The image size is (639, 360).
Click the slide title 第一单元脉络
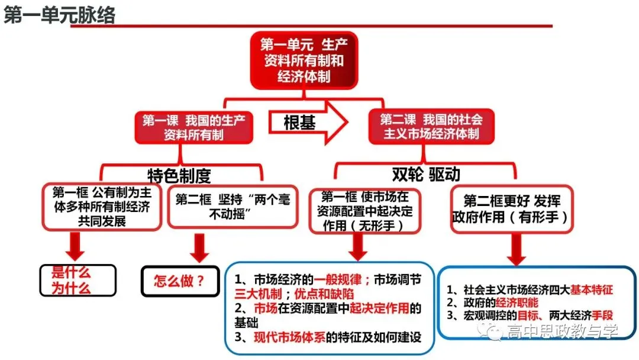60,15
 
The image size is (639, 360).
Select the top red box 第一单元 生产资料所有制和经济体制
304,60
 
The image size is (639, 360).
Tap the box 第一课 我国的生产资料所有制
193,127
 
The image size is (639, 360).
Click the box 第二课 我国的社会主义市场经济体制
431,126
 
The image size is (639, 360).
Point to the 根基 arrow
308,123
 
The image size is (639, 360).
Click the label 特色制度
179,176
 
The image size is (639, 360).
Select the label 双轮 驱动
426,175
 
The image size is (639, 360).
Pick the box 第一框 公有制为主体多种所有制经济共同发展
102,207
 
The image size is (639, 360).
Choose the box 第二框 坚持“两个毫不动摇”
233,207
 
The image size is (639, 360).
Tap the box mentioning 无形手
364,211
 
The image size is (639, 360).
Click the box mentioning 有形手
512,209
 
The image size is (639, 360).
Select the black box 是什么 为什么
78,281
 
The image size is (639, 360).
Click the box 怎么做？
180,281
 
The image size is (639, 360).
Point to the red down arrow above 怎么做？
199,248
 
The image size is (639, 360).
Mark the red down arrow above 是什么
75,246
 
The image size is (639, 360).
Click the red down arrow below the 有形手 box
517,249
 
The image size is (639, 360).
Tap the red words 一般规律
337,279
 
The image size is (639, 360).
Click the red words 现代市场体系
289,337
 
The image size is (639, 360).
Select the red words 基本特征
591,290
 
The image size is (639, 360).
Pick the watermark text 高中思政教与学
563,331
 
